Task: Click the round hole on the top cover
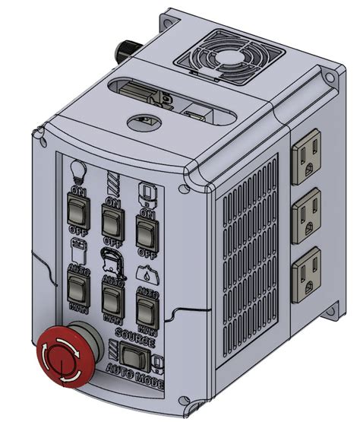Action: pyautogui.click(x=144, y=119)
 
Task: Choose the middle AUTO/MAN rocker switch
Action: pyautogui.click(x=112, y=299)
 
